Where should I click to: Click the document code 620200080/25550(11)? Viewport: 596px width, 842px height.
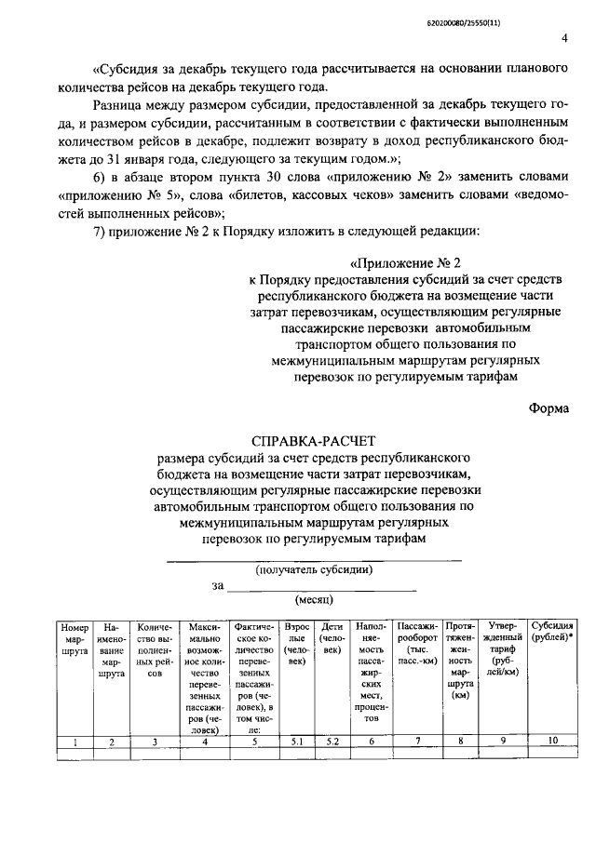click(526, 10)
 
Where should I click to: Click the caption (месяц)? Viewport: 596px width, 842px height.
click(314, 600)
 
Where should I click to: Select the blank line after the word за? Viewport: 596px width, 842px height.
click(321, 586)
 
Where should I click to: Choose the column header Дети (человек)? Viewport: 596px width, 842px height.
click(331, 641)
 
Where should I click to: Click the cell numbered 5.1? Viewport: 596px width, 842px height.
click(296, 742)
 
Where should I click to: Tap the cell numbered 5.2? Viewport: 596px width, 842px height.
click(331, 742)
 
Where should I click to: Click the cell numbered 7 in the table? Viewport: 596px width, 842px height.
click(416, 742)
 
